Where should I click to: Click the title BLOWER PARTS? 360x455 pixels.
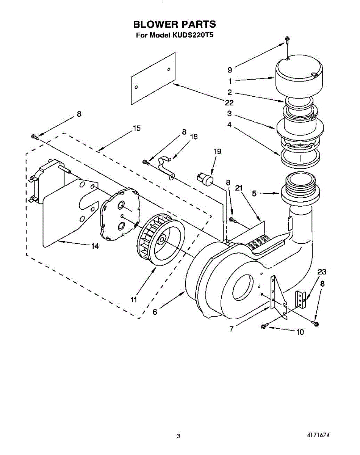[x=174, y=24]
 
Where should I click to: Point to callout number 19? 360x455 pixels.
[x=217, y=151]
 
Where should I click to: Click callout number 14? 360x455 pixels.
[x=95, y=246]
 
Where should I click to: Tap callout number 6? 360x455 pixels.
[x=155, y=312]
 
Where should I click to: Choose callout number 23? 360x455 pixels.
[x=322, y=271]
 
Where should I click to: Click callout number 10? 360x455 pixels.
[x=300, y=332]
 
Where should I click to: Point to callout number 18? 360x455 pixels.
[x=193, y=137]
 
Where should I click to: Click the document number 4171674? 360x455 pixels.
[x=319, y=435]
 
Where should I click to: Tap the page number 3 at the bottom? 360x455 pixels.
[x=178, y=436]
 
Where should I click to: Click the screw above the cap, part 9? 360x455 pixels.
[x=287, y=39]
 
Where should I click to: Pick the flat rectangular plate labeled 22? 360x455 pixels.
[x=153, y=79]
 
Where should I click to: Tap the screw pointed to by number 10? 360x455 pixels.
[x=265, y=326]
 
